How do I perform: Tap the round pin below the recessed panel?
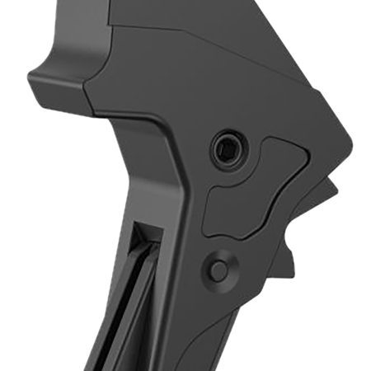218,270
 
